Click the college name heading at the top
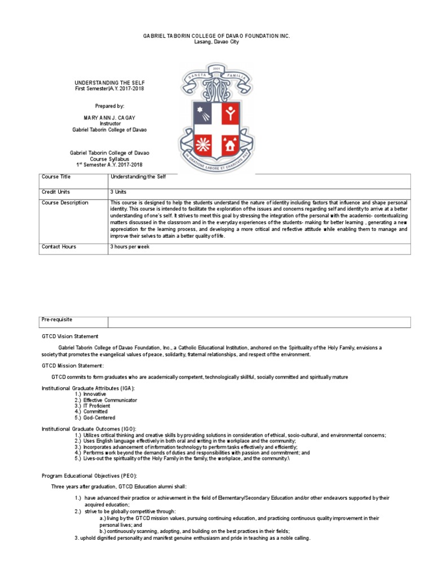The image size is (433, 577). [x=216, y=35]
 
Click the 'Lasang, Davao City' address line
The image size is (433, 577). [x=216, y=42]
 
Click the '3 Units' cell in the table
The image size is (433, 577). [x=120, y=192]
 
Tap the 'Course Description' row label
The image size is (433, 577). [x=65, y=203]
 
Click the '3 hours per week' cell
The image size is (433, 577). [x=130, y=247]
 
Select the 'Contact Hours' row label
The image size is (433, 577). [x=59, y=247]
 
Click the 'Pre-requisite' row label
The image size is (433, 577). [x=57, y=319]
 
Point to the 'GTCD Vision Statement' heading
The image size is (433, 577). [x=70, y=336]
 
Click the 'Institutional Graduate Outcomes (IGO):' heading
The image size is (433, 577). [x=89, y=429]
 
